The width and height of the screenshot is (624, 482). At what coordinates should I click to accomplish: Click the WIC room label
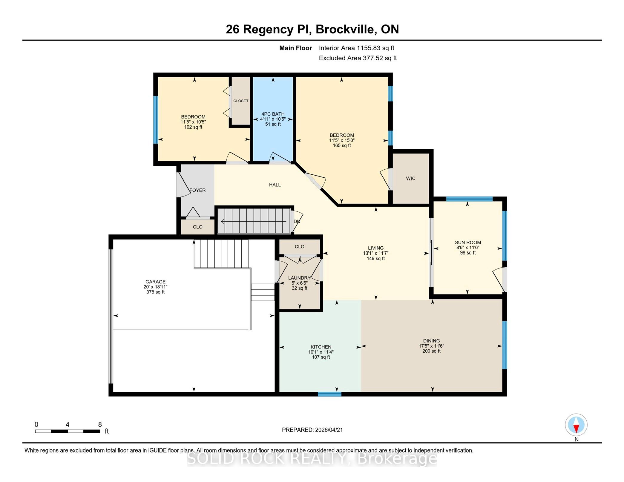click(x=410, y=178)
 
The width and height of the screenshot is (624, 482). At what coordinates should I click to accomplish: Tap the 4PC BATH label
click(x=273, y=114)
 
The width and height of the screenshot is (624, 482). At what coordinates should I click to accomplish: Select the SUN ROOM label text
click(x=468, y=242)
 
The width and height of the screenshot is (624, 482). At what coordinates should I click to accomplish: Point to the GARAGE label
click(x=155, y=282)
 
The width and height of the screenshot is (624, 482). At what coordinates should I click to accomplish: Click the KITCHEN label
click(x=321, y=347)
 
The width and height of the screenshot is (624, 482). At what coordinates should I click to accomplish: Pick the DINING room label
click(x=431, y=341)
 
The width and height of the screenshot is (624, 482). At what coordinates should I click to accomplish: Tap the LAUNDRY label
click(x=299, y=278)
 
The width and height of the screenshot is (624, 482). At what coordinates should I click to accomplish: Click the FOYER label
click(x=197, y=190)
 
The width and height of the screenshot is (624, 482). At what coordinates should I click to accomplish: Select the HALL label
click(x=275, y=185)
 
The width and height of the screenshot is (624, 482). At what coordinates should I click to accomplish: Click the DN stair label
click(x=297, y=222)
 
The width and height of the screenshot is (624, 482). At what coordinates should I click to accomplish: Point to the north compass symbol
click(x=576, y=425)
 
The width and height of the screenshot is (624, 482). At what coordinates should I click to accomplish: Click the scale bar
click(x=68, y=431)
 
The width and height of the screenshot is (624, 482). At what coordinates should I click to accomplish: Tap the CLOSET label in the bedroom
click(x=241, y=101)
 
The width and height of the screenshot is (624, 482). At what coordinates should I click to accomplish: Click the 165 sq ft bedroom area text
click(x=342, y=145)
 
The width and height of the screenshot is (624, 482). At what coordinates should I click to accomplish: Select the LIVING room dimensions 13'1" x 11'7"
click(x=375, y=253)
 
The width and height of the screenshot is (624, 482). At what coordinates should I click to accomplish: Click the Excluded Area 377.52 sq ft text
click(x=358, y=58)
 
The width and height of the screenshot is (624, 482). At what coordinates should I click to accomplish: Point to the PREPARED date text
click(x=312, y=430)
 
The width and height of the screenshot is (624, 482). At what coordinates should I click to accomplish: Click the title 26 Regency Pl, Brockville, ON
click(x=312, y=29)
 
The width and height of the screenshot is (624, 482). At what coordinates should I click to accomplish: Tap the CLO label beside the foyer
click(x=197, y=227)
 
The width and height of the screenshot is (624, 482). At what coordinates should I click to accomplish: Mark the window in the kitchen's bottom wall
click(x=329, y=394)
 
